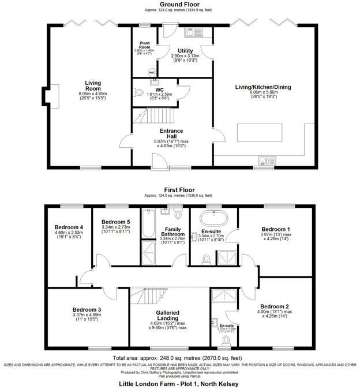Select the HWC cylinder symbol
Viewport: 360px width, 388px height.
[152, 72]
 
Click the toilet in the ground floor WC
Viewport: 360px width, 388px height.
[139, 91]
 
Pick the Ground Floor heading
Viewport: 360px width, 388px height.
[175, 5]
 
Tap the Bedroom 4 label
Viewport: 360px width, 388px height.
[69, 227]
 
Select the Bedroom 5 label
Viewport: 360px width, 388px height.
[116, 222]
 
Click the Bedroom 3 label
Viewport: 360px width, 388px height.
[87, 309]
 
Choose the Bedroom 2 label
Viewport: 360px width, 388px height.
[274, 306]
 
